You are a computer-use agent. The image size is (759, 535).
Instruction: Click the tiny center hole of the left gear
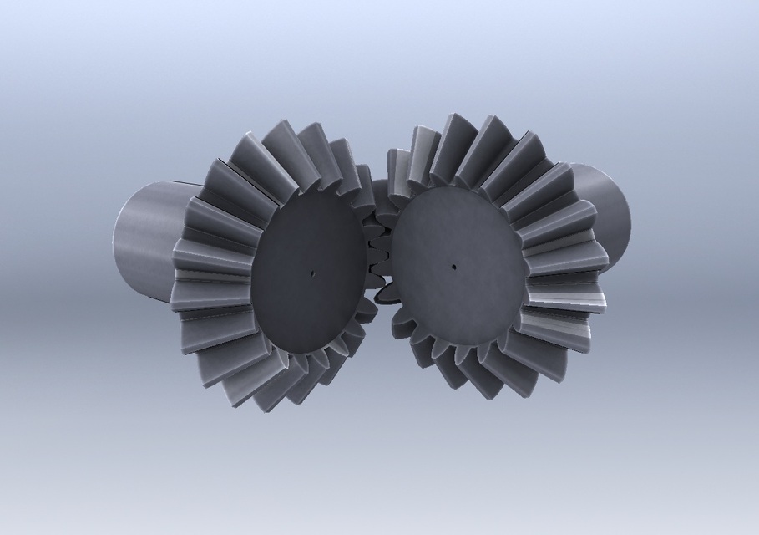(x=311, y=272)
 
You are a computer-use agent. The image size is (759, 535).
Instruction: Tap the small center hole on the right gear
(x=453, y=267)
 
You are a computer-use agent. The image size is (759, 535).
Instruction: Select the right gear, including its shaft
(x=501, y=259)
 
